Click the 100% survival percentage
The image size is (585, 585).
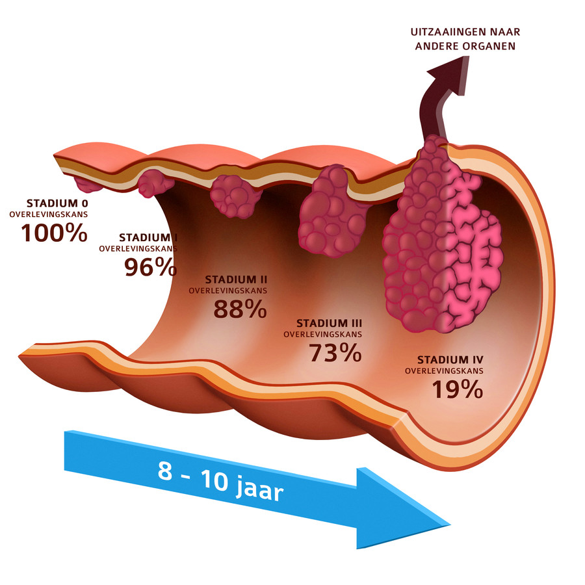[x=55, y=233]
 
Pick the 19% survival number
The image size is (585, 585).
[x=457, y=389]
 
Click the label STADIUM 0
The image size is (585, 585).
[x=57, y=202]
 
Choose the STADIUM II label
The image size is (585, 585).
[x=235, y=279]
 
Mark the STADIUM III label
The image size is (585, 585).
[x=329, y=322]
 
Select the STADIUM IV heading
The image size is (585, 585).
[x=450, y=359]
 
